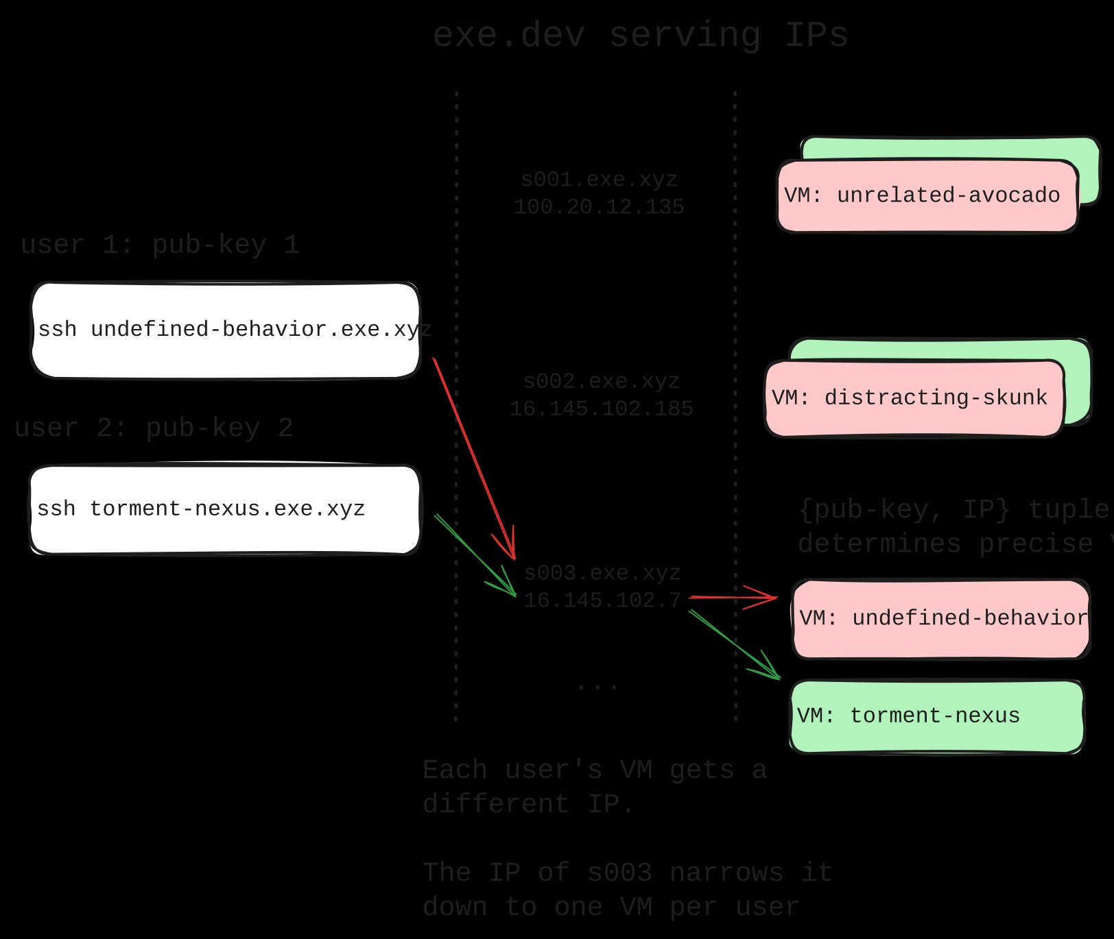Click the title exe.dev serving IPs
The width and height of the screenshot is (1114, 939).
pyautogui.click(x=640, y=35)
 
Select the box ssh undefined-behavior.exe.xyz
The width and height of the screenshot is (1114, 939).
pyautogui.click(x=225, y=330)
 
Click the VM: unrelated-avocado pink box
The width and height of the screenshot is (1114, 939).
pyautogui.click(x=926, y=196)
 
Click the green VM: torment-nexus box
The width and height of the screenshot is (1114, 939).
pyautogui.click(x=936, y=716)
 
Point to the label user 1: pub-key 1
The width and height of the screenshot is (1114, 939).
pyautogui.click(x=160, y=245)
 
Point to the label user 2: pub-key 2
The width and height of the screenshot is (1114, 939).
pyautogui.click(x=154, y=428)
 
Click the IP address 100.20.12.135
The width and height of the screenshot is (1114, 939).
pyautogui.click(x=599, y=207)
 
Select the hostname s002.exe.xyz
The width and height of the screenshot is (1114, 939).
pyautogui.click(x=601, y=381)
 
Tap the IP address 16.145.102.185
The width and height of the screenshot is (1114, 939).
pyautogui.click(x=601, y=409)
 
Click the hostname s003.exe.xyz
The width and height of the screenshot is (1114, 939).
pyautogui.click(x=602, y=573)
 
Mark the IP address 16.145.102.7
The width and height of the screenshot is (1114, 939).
pyautogui.click(x=602, y=601)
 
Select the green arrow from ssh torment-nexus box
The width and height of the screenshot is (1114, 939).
pyautogui.click(x=475, y=555)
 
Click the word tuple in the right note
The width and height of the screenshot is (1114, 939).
pyautogui.click(x=1069, y=509)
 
